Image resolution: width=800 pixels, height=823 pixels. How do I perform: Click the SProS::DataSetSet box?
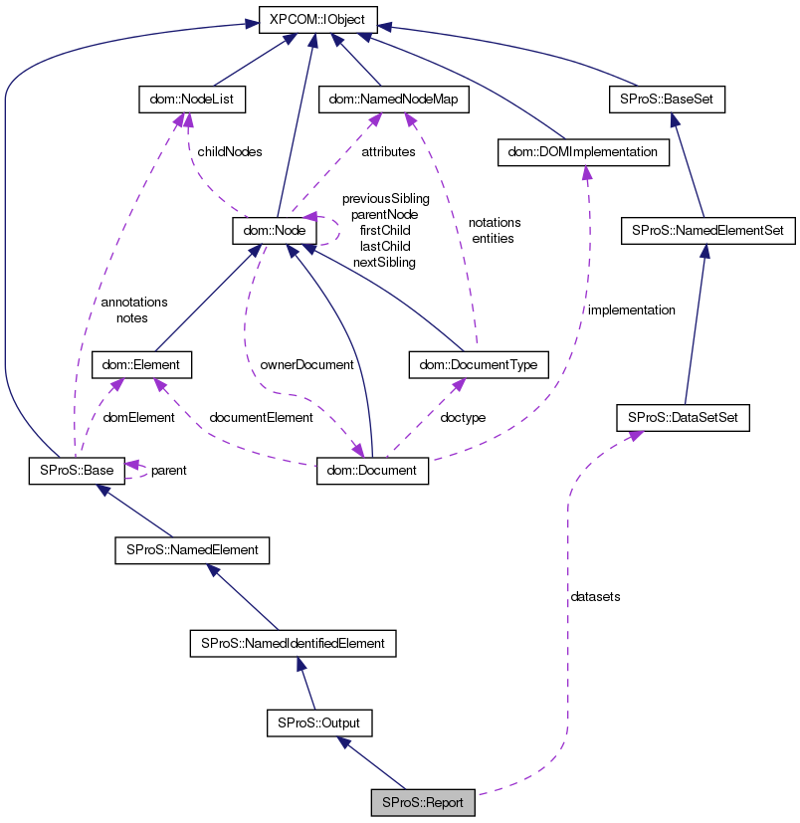[683, 418]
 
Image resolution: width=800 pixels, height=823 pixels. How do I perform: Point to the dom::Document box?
[372, 471]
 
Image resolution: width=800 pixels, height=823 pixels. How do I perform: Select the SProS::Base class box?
[77, 471]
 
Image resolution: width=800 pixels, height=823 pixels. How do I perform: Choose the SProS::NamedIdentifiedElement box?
[293, 643]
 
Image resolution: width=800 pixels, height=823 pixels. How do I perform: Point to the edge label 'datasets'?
[595, 597]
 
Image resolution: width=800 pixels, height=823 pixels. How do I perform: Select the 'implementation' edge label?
[631, 310]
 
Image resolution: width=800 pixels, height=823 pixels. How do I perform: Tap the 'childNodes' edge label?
[230, 152]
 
